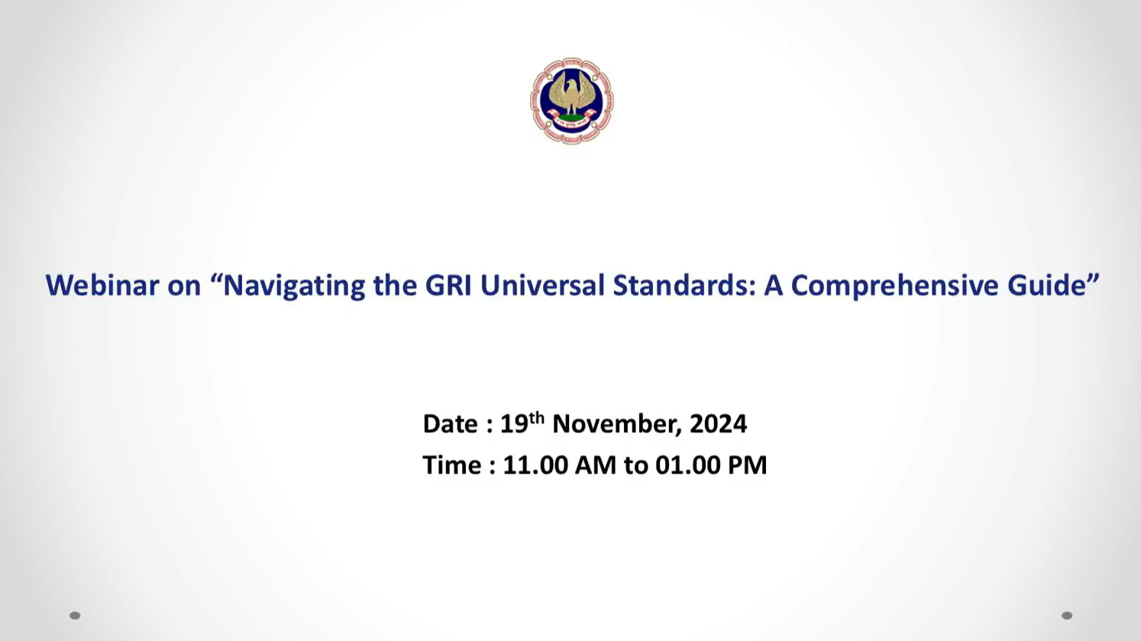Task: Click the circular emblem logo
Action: (571, 100)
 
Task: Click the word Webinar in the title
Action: (102, 285)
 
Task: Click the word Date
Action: (451, 424)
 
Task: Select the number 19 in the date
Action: (513, 424)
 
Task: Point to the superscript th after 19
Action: (536, 418)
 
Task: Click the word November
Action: (614, 424)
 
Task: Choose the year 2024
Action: (718, 424)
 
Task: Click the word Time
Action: (452, 465)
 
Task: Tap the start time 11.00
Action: (535, 465)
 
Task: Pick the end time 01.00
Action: (687, 465)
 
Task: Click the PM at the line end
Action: (747, 465)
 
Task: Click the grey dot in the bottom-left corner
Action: (75, 616)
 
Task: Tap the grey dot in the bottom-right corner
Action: (1067, 616)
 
